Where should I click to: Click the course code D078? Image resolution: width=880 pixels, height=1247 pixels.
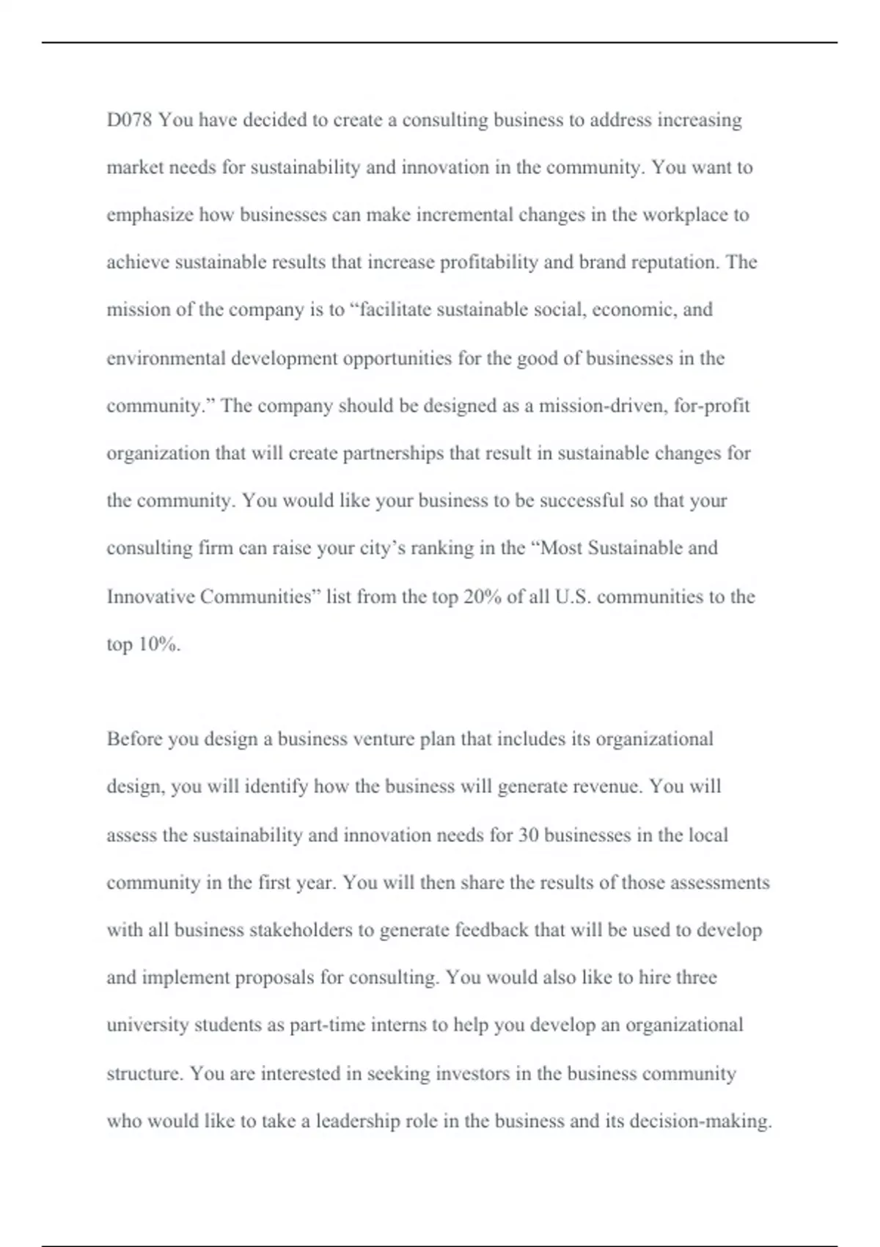point(129,120)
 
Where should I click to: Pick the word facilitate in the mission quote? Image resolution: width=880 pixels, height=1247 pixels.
point(389,310)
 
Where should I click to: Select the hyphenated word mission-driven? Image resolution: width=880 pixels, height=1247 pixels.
point(602,406)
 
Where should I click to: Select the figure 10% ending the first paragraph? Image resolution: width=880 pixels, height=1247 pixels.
point(159,645)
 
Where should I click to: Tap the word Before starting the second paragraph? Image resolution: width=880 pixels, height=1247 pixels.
point(134,739)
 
